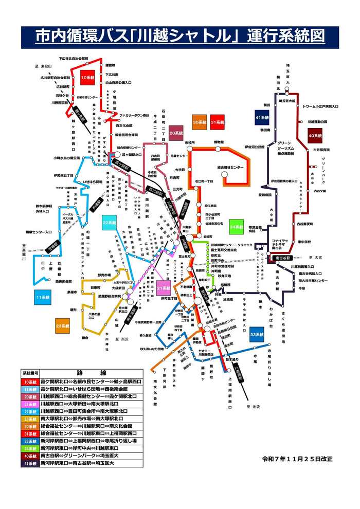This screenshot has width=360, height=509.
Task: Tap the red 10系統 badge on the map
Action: (87, 77)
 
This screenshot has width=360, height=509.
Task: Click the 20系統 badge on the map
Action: (176, 133)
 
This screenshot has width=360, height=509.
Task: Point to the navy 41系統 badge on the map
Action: (262, 118)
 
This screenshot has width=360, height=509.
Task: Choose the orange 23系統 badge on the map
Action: (63, 325)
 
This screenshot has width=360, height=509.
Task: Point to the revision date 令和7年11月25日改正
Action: (297, 458)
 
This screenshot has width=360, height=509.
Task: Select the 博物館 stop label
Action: (219, 142)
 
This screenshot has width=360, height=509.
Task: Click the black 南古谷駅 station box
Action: (282, 257)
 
